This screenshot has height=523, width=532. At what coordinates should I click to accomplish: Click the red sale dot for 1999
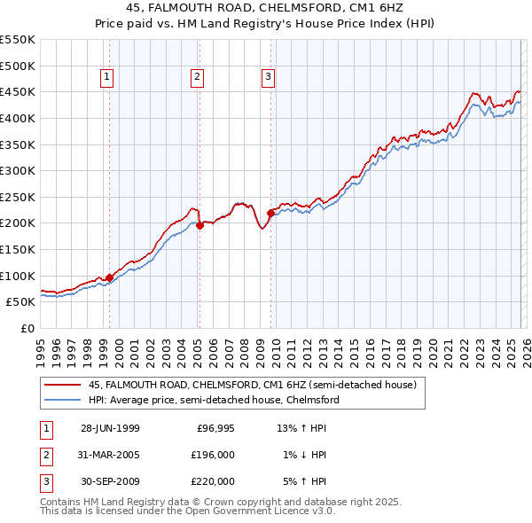(x=109, y=277)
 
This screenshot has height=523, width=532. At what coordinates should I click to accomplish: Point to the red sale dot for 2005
(x=200, y=225)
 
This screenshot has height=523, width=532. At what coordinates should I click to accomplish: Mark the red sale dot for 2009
(x=270, y=213)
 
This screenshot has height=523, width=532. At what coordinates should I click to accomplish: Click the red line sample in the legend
(x=63, y=385)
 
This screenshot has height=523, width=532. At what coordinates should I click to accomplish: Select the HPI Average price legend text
(x=214, y=400)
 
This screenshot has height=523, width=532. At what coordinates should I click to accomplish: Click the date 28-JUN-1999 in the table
(x=109, y=428)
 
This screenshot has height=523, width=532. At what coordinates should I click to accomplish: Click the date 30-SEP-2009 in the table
(x=109, y=481)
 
